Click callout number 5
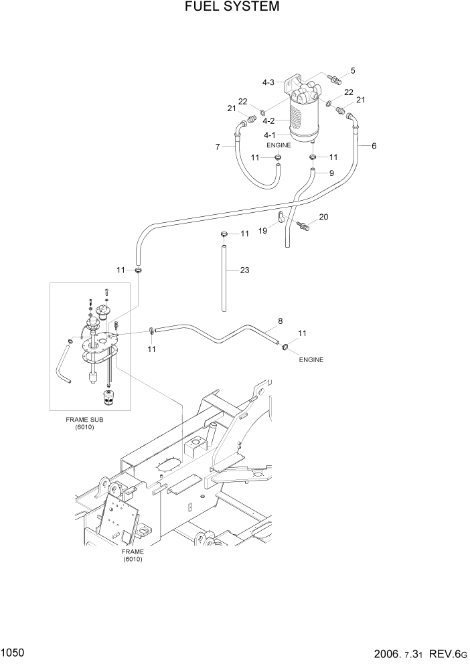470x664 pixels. (x=353, y=70)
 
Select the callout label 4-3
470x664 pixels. (x=268, y=82)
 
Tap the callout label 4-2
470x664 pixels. (x=268, y=121)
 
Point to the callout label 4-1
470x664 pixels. (x=268, y=135)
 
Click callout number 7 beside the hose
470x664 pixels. (x=218, y=146)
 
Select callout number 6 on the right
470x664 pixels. (x=374, y=145)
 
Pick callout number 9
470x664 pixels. (x=331, y=173)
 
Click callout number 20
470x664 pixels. (x=324, y=217)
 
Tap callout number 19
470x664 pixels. (x=263, y=230)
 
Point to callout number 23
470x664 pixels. (x=244, y=270)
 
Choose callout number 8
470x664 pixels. (x=280, y=321)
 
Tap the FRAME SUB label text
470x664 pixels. (x=84, y=419)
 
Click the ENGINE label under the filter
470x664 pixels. (x=279, y=145)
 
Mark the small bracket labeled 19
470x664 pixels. (x=281, y=218)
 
